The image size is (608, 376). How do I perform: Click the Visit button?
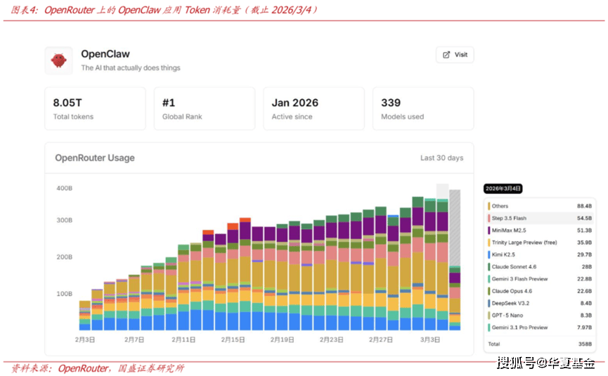coord(455,55)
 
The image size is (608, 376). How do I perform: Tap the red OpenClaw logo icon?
coord(58,61)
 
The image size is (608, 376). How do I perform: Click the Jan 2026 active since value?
coord(295,103)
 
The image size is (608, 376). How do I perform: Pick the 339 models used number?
coord(391,103)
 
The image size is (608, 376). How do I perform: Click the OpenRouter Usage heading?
coord(95,158)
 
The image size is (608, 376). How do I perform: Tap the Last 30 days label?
coord(441,158)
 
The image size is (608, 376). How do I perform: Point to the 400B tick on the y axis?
coord(64,188)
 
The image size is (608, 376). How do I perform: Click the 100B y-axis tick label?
coord(64,293)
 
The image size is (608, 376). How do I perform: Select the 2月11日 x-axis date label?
coord(183,339)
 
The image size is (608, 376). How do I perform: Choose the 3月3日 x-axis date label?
coord(429,339)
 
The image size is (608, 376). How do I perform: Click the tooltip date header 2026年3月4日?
coord(503,188)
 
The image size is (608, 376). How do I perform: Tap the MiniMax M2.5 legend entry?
coord(510,231)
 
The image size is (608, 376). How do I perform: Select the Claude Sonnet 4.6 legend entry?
coord(515,267)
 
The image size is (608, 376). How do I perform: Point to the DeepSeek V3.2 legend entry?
coord(510,304)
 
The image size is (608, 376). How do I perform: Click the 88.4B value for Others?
coord(583,206)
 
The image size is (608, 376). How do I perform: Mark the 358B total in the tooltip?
coord(584,344)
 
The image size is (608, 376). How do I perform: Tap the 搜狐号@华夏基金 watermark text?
coord(545,363)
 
